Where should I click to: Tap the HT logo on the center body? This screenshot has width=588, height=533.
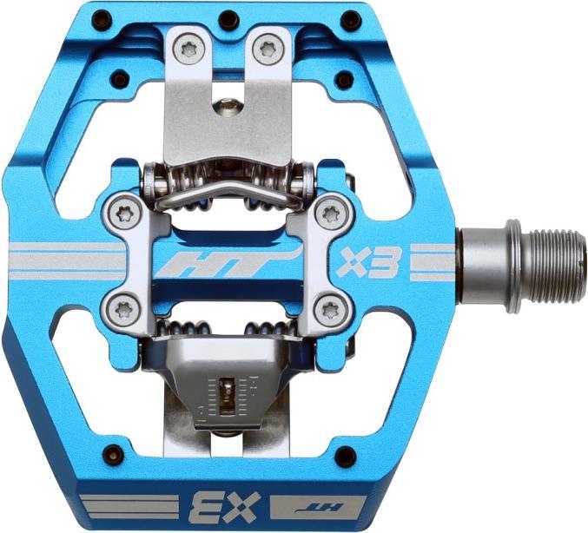tap(229, 262)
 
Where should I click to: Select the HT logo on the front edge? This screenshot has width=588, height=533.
tap(317, 508)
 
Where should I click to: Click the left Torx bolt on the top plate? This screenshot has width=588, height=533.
tap(188, 48)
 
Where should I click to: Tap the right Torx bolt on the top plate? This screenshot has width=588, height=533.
tap(267, 48)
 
